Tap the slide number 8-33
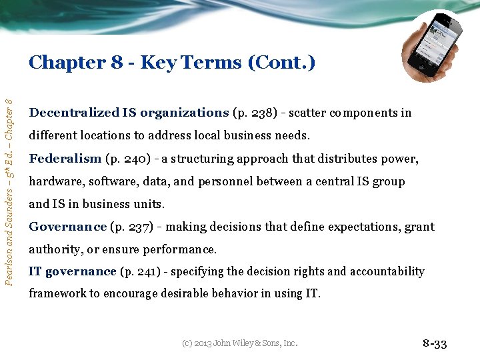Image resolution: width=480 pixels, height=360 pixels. (434, 344)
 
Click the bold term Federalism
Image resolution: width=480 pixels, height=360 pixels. (65, 159)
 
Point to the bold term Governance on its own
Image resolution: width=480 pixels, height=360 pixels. (67, 227)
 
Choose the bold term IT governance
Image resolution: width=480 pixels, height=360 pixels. (73, 271)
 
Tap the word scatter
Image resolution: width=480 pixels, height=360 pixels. (307, 113)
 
